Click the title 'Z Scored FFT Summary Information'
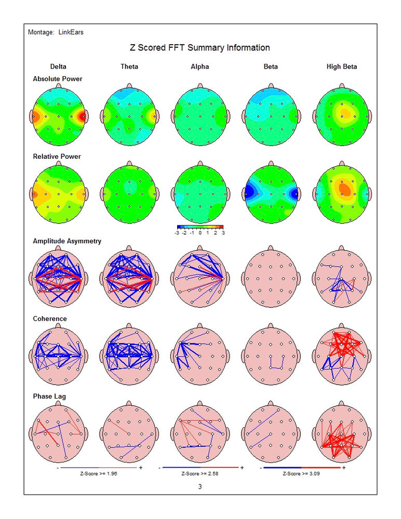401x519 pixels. point(199,48)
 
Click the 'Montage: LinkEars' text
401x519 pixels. point(56,32)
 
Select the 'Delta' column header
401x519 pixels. point(58,66)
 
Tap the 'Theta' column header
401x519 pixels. point(129,66)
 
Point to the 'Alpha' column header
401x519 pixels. point(200,66)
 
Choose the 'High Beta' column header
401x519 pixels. point(342,66)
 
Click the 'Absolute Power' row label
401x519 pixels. point(57,79)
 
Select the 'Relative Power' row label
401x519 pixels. point(57,156)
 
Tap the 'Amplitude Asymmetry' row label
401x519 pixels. point(67,241)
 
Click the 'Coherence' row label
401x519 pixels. point(50,319)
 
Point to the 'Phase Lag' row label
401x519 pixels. point(49,397)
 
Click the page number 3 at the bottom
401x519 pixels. point(200,487)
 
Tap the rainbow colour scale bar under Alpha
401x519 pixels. point(200,227)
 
